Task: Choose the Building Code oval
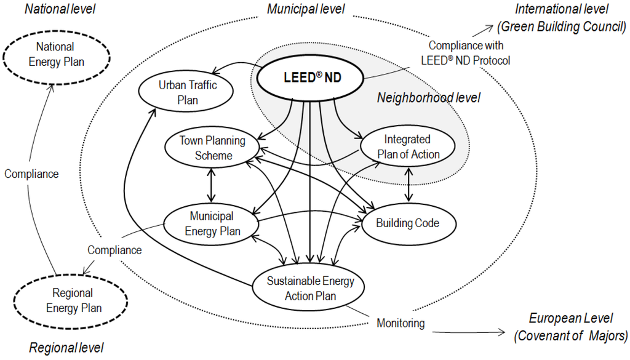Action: click(407, 223)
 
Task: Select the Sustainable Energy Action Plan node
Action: click(310, 287)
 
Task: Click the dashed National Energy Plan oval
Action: click(55, 54)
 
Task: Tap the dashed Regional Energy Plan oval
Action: click(73, 300)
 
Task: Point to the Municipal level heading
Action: click(306, 9)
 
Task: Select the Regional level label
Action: click(66, 348)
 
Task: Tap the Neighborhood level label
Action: click(428, 98)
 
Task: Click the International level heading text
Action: click(561, 9)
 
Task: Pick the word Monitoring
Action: click(401, 323)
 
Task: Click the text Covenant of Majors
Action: click(570, 335)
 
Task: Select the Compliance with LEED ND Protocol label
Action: click(465, 54)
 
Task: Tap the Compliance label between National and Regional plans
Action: click(31, 174)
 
